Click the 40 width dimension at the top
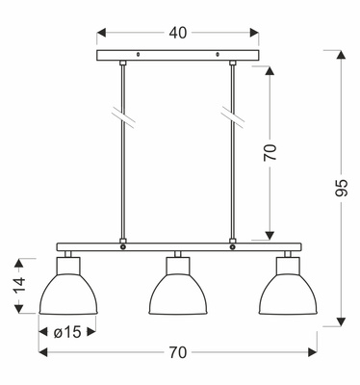coord(177,32)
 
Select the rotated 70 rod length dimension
coord(271,150)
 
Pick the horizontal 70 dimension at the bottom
coord(177,352)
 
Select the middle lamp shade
coord(177,295)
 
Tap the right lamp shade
coord(287,295)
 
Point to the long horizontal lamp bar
coord(177,247)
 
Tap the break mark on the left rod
coord(122,115)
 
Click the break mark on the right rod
coord(232,115)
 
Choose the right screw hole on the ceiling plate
coord(219,54)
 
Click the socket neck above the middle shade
coord(177,263)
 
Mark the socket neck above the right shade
coord(287,263)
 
